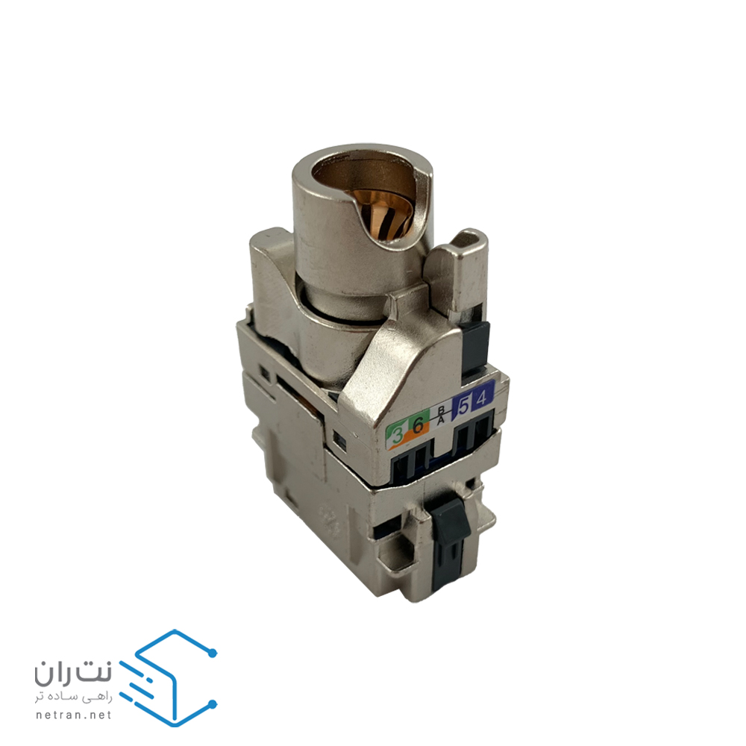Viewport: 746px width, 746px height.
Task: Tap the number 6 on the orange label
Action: (x=419, y=425)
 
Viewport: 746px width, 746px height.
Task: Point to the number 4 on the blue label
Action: (x=481, y=398)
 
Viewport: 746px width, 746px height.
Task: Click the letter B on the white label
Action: (x=441, y=410)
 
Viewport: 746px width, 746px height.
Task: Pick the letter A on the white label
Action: (x=442, y=419)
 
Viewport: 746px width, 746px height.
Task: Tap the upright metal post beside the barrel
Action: (x=460, y=269)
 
